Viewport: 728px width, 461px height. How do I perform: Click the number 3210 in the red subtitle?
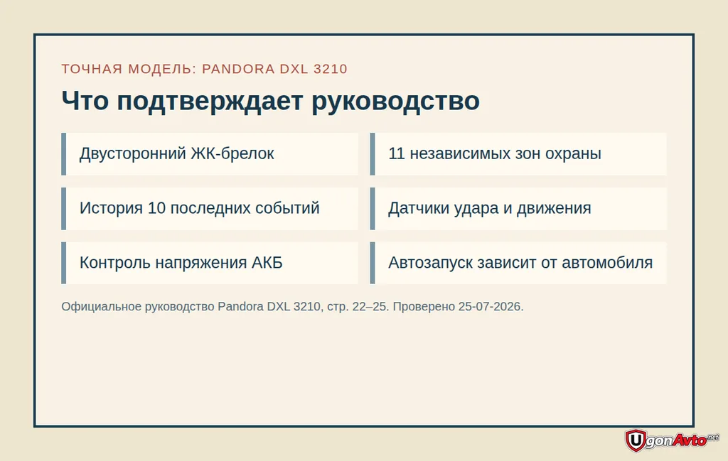pyautogui.click(x=330, y=69)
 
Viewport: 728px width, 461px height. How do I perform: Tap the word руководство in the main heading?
pyautogui.click(x=395, y=101)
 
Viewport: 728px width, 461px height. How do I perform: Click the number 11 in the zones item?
pyautogui.click(x=396, y=153)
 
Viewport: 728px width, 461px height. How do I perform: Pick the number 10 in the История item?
pyautogui.click(x=156, y=208)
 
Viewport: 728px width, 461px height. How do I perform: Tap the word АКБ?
pyautogui.click(x=267, y=263)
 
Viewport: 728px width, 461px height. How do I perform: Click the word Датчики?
pyautogui.click(x=417, y=209)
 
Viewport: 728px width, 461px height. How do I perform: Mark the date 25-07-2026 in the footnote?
pyautogui.click(x=490, y=307)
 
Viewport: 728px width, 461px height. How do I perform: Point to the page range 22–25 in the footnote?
pyautogui.click(x=370, y=307)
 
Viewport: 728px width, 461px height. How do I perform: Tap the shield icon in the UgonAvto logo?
pyautogui.click(x=636, y=440)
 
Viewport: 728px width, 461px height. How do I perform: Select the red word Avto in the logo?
pyautogui.click(x=690, y=439)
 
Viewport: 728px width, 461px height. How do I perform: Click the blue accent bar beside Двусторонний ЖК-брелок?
pyautogui.click(x=63, y=154)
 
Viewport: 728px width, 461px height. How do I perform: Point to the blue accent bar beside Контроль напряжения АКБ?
pyautogui.click(x=63, y=263)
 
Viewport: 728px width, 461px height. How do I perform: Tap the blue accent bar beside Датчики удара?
pyautogui.click(x=373, y=209)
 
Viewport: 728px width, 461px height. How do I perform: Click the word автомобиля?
pyautogui.click(x=607, y=263)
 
